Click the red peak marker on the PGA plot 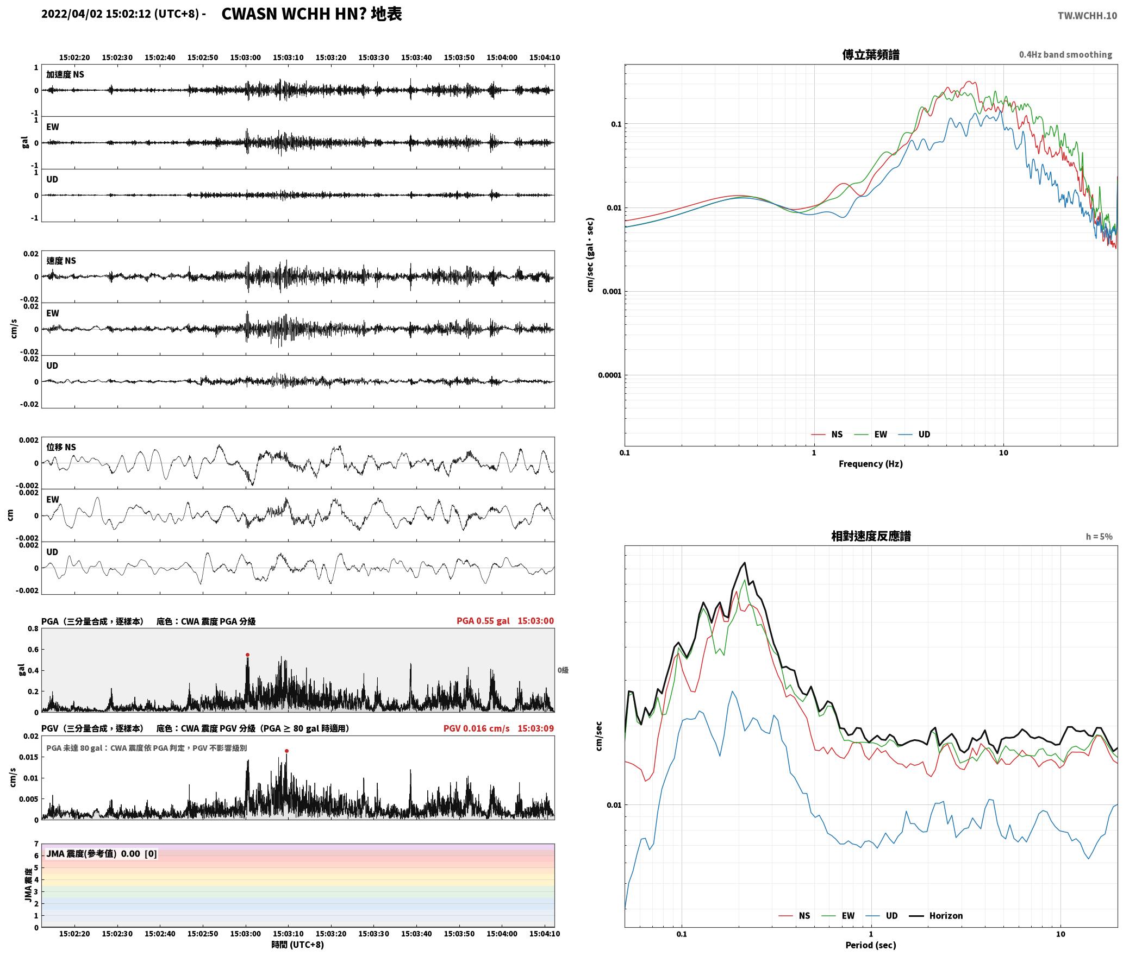[247, 655]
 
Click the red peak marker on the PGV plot [286, 751]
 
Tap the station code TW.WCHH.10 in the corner [1087, 16]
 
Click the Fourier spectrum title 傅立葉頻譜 [870, 55]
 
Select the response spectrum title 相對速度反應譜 [871, 536]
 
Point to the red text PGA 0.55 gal [483, 621]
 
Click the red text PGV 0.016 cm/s [476, 728]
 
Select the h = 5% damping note [1099, 537]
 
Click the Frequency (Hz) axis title [870, 464]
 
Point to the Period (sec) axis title [870, 946]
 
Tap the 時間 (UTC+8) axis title [297, 945]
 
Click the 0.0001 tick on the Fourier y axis [609, 375]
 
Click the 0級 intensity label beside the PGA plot [563, 670]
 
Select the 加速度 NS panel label [65, 74]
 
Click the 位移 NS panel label [61, 448]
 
